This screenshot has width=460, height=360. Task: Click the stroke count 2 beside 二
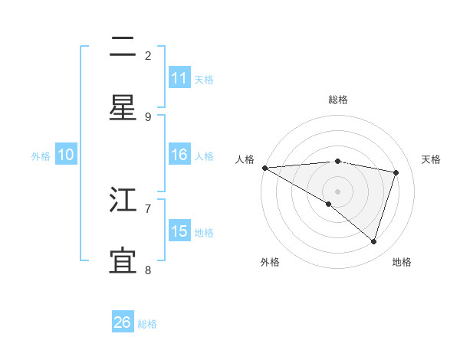pos(148,55)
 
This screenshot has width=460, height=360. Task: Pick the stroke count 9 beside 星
pos(148,116)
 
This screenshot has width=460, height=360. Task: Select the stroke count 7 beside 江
pos(148,208)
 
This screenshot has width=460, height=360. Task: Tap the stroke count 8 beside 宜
pos(148,269)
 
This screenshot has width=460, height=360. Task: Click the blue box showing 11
pos(179,78)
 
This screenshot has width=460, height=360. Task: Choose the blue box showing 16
pos(179,155)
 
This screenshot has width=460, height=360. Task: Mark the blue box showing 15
pos(179,231)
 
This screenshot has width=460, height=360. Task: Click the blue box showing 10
pos(66,155)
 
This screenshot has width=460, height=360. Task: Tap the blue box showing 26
pos(123,322)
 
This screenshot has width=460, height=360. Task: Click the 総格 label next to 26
pos(147,324)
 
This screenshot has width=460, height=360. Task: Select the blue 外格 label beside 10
pos(41,156)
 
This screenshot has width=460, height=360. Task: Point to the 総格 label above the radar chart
pos(338,100)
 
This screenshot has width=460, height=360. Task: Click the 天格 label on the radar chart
pos(432,159)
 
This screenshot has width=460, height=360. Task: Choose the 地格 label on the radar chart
pos(402,262)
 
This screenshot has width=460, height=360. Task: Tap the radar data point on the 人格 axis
pos(264,168)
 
